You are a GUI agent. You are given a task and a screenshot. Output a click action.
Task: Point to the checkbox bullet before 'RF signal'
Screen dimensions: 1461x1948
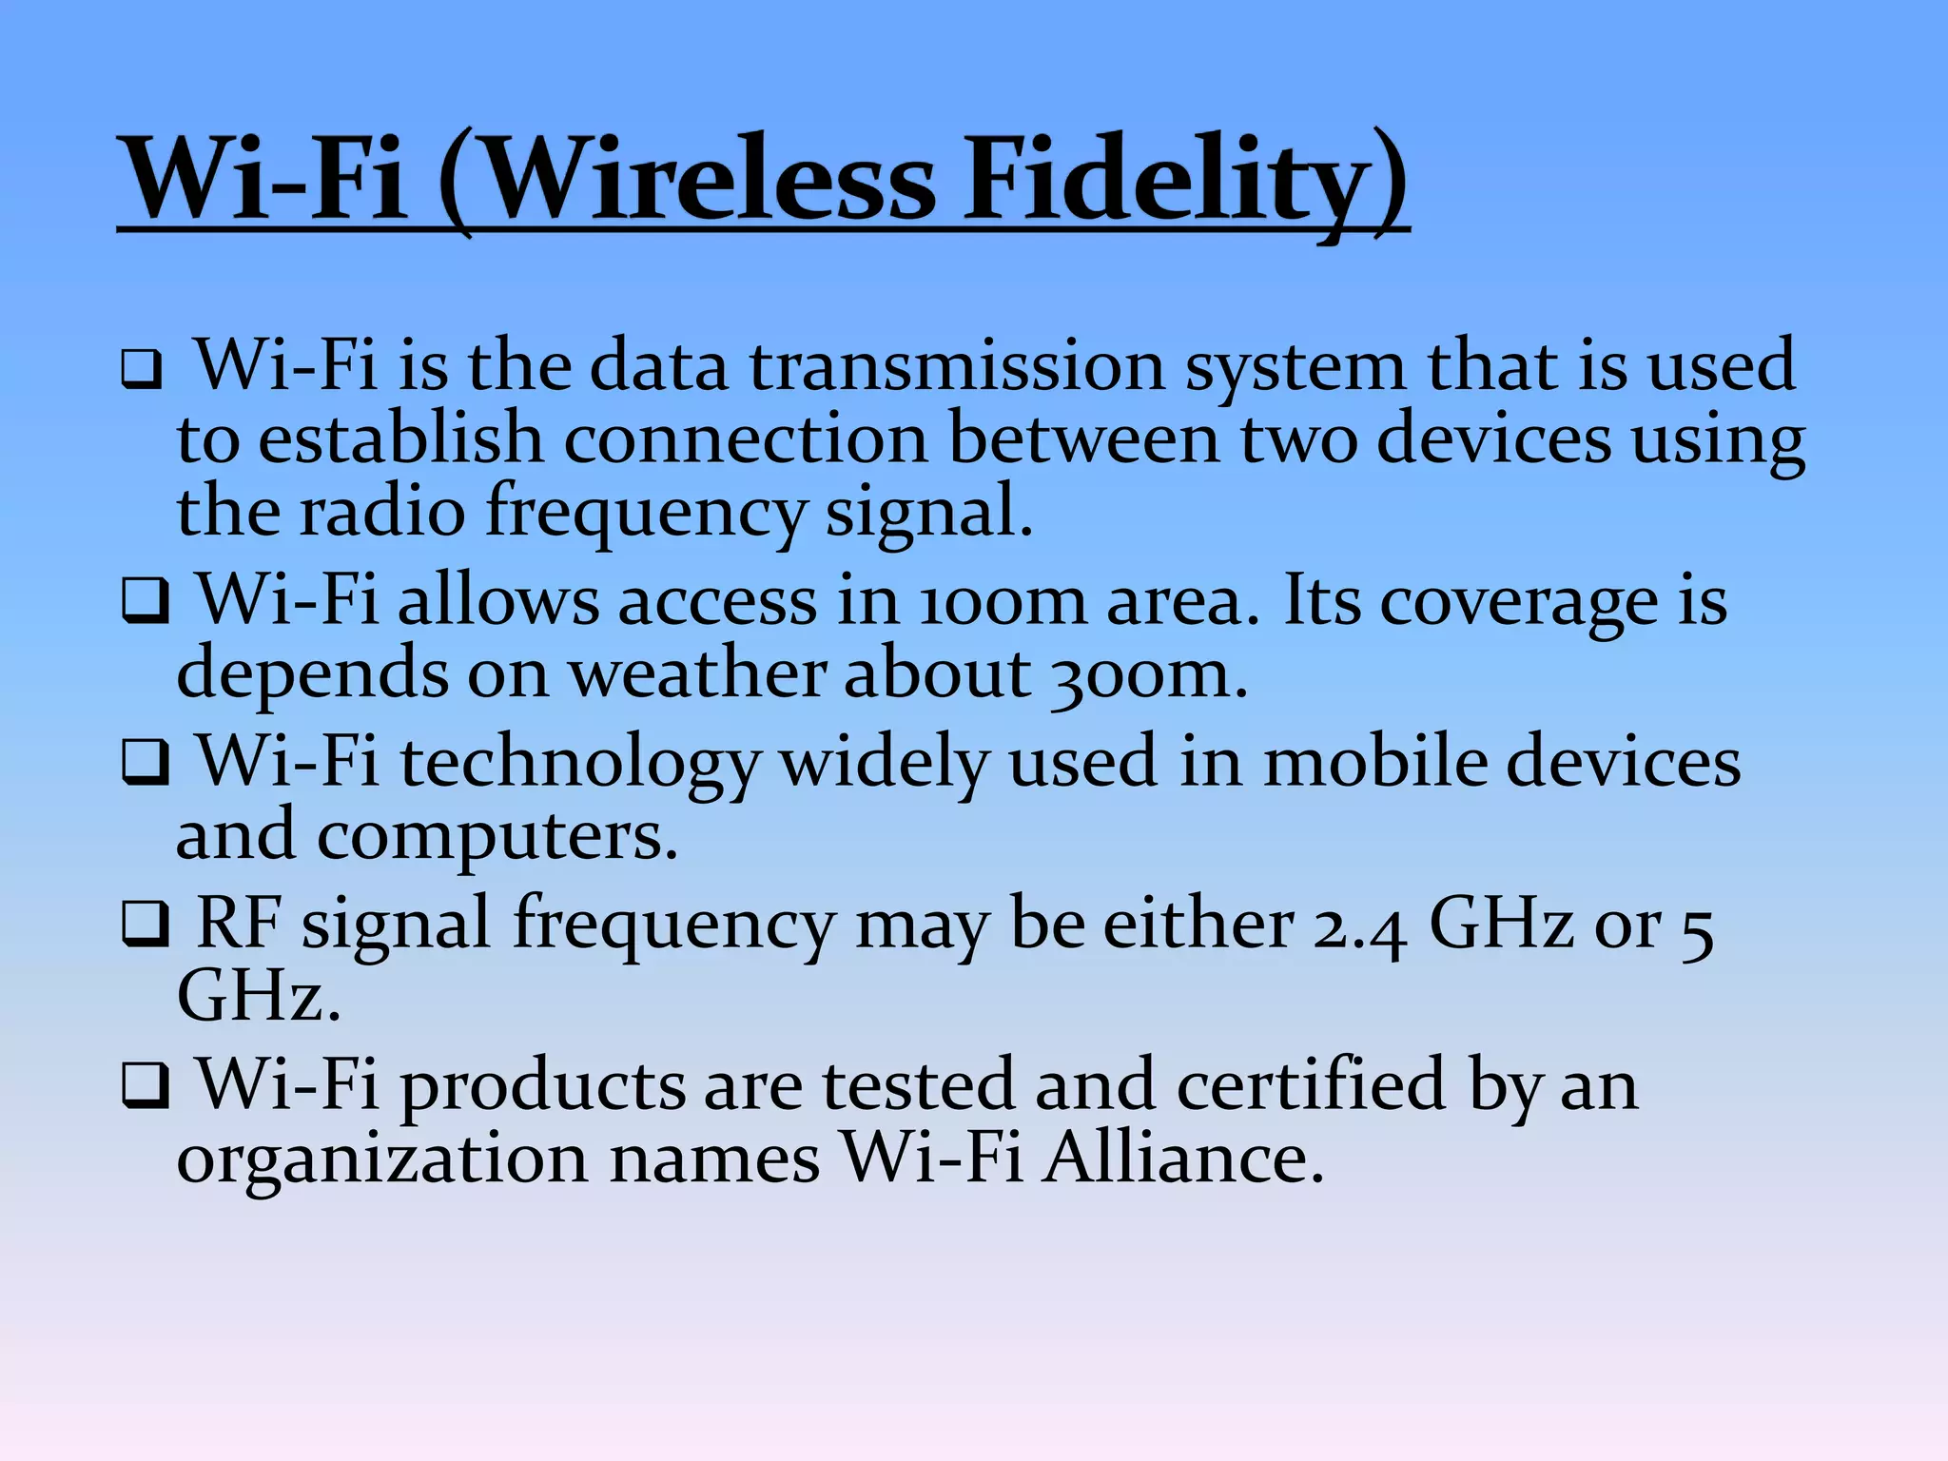point(145,925)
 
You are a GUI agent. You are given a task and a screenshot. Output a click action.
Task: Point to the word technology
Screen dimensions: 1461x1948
point(580,764)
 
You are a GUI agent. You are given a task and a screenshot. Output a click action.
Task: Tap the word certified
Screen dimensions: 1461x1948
point(1312,1085)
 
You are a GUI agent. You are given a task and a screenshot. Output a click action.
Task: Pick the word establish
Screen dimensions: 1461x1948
point(399,439)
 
